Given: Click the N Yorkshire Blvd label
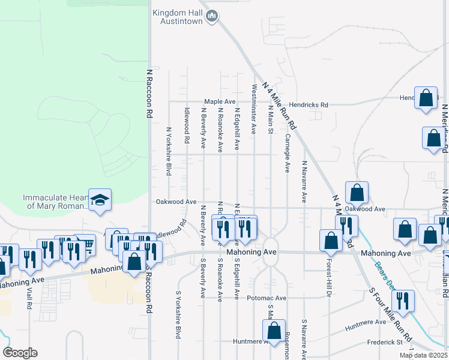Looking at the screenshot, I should [169, 151].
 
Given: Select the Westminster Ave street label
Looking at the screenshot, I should [254, 109].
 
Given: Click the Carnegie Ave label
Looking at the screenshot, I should [288, 153].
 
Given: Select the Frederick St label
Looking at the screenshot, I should [387, 343].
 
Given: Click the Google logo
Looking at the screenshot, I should [20, 353].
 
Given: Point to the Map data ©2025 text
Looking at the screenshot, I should [423, 355].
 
